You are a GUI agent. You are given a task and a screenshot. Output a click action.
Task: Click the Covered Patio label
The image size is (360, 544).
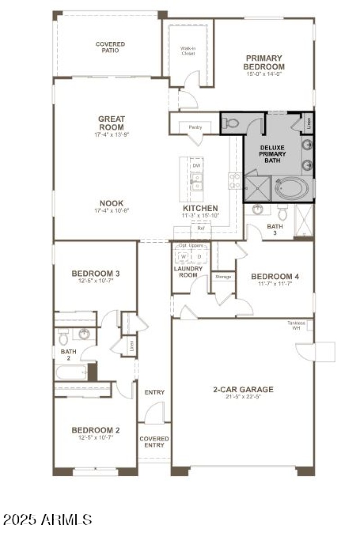(x=110, y=47)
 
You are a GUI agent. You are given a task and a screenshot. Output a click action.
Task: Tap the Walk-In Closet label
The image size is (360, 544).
(x=188, y=50)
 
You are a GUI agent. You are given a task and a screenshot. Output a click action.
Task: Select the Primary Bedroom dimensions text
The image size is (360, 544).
(x=264, y=74)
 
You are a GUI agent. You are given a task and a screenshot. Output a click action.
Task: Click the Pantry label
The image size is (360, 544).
(x=195, y=128)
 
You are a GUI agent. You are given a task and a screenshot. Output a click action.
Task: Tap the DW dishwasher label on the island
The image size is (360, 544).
(x=196, y=165)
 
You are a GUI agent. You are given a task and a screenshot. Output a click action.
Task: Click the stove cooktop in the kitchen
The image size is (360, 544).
(x=235, y=181)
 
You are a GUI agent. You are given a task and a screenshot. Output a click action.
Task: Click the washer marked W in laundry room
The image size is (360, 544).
(x=183, y=257)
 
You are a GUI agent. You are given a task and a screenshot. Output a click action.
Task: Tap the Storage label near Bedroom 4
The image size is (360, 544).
(x=223, y=276)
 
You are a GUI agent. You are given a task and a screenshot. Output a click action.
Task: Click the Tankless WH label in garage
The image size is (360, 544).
(x=297, y=326)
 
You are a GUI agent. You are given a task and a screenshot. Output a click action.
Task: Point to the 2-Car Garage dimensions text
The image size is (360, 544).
(x=243, y=397)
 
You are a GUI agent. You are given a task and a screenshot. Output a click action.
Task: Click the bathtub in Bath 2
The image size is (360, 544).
(x=71, y=372)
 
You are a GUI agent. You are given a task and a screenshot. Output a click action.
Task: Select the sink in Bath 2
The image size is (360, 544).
(x=84, y=334)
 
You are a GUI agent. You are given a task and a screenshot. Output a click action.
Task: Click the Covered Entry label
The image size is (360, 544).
(x=154, y=442)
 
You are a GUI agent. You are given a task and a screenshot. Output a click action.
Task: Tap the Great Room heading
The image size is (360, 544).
(x=112, y=123)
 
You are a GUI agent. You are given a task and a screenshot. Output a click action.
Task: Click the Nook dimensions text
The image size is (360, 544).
(x=112, y=210)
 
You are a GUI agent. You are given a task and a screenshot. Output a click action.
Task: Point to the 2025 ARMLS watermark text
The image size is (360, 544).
(x=47, y=520)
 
